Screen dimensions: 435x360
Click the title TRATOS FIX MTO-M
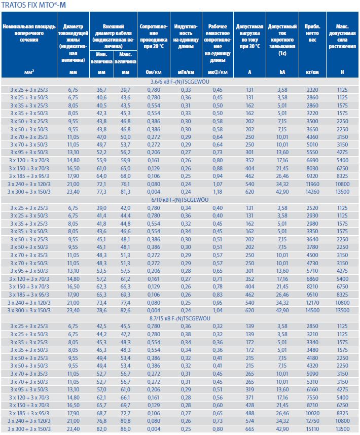click(33, 5)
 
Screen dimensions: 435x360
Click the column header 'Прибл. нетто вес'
click(312, 33)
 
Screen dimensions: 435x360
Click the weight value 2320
click(312, 89)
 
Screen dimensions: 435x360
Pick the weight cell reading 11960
click(312, 183)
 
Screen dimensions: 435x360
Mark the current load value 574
click(249, 421)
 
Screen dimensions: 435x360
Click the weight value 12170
click(312, 302)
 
